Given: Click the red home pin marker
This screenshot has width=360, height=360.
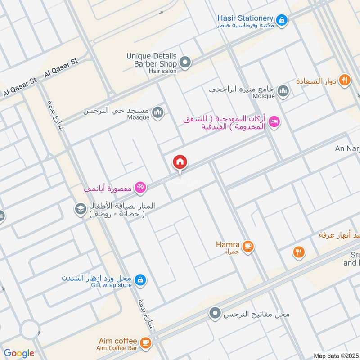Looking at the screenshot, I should (x=180, y=162).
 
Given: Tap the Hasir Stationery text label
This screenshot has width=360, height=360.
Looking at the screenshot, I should (x=246, y=18).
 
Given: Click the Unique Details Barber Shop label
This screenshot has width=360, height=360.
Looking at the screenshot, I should (x=152, y=60).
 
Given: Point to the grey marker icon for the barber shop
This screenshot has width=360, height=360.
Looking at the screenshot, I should (x=184, y=62).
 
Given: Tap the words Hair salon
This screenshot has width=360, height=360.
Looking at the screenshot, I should (x=162, y=71).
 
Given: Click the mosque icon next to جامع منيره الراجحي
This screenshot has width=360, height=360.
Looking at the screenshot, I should (x=283, y=91).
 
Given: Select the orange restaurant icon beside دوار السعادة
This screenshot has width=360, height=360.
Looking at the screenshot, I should (x=344, y=81).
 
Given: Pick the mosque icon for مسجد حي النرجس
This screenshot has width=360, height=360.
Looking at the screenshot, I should (x=157, y=112).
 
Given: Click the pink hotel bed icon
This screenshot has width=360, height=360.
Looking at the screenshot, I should (x=274, y=121).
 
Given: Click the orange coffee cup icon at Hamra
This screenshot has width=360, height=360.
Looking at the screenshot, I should (x=247, y=246).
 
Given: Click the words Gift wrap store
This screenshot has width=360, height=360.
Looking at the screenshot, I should (x=112, y=285).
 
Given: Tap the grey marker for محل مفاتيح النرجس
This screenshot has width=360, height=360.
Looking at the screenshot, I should (x=216, y=313).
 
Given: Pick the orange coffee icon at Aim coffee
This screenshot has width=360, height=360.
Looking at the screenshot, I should (x=144, y=343).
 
